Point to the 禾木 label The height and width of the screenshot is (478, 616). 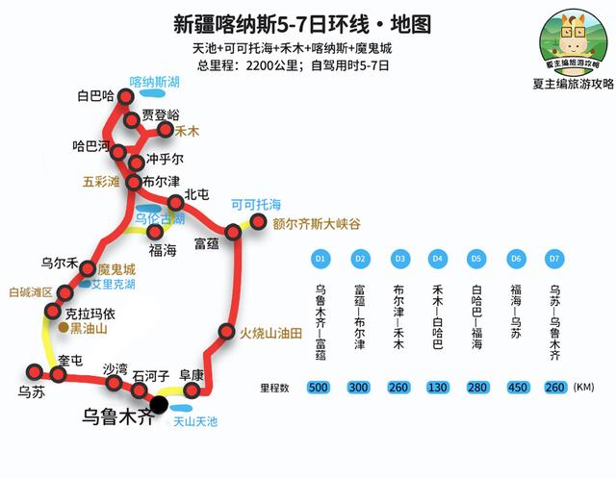click(187, 130)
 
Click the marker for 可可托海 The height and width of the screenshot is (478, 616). click(258, 223)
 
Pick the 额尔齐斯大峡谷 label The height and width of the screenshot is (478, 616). click(317, 223)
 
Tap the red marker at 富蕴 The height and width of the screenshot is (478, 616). click(232, 233)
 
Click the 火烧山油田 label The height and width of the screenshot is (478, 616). click(270, 333)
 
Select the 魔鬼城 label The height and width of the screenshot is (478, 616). click(116, 269)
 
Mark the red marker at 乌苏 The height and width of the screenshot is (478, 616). click(35, 371)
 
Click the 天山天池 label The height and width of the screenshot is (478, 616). click(195, 421)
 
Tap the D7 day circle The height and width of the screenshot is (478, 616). click(553, 259)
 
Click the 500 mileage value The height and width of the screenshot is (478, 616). click(321, 387)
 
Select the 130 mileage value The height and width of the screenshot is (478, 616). click(437, 387)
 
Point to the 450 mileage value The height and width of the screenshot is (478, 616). click(515, 387)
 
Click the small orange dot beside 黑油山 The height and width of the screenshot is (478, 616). click(63, 328)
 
